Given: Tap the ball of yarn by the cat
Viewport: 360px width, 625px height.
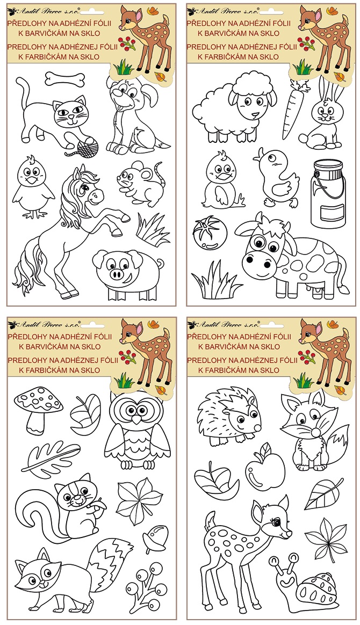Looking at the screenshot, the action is (x=88, y=146).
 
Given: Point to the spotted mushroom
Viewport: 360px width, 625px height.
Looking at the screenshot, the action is (x=38, y=406).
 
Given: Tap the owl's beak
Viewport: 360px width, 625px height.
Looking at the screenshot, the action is (x=136, y=419).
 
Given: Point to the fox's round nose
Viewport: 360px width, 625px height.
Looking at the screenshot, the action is (x=316, y=433).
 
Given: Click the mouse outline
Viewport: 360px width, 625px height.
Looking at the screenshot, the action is (x=139, y=182).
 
